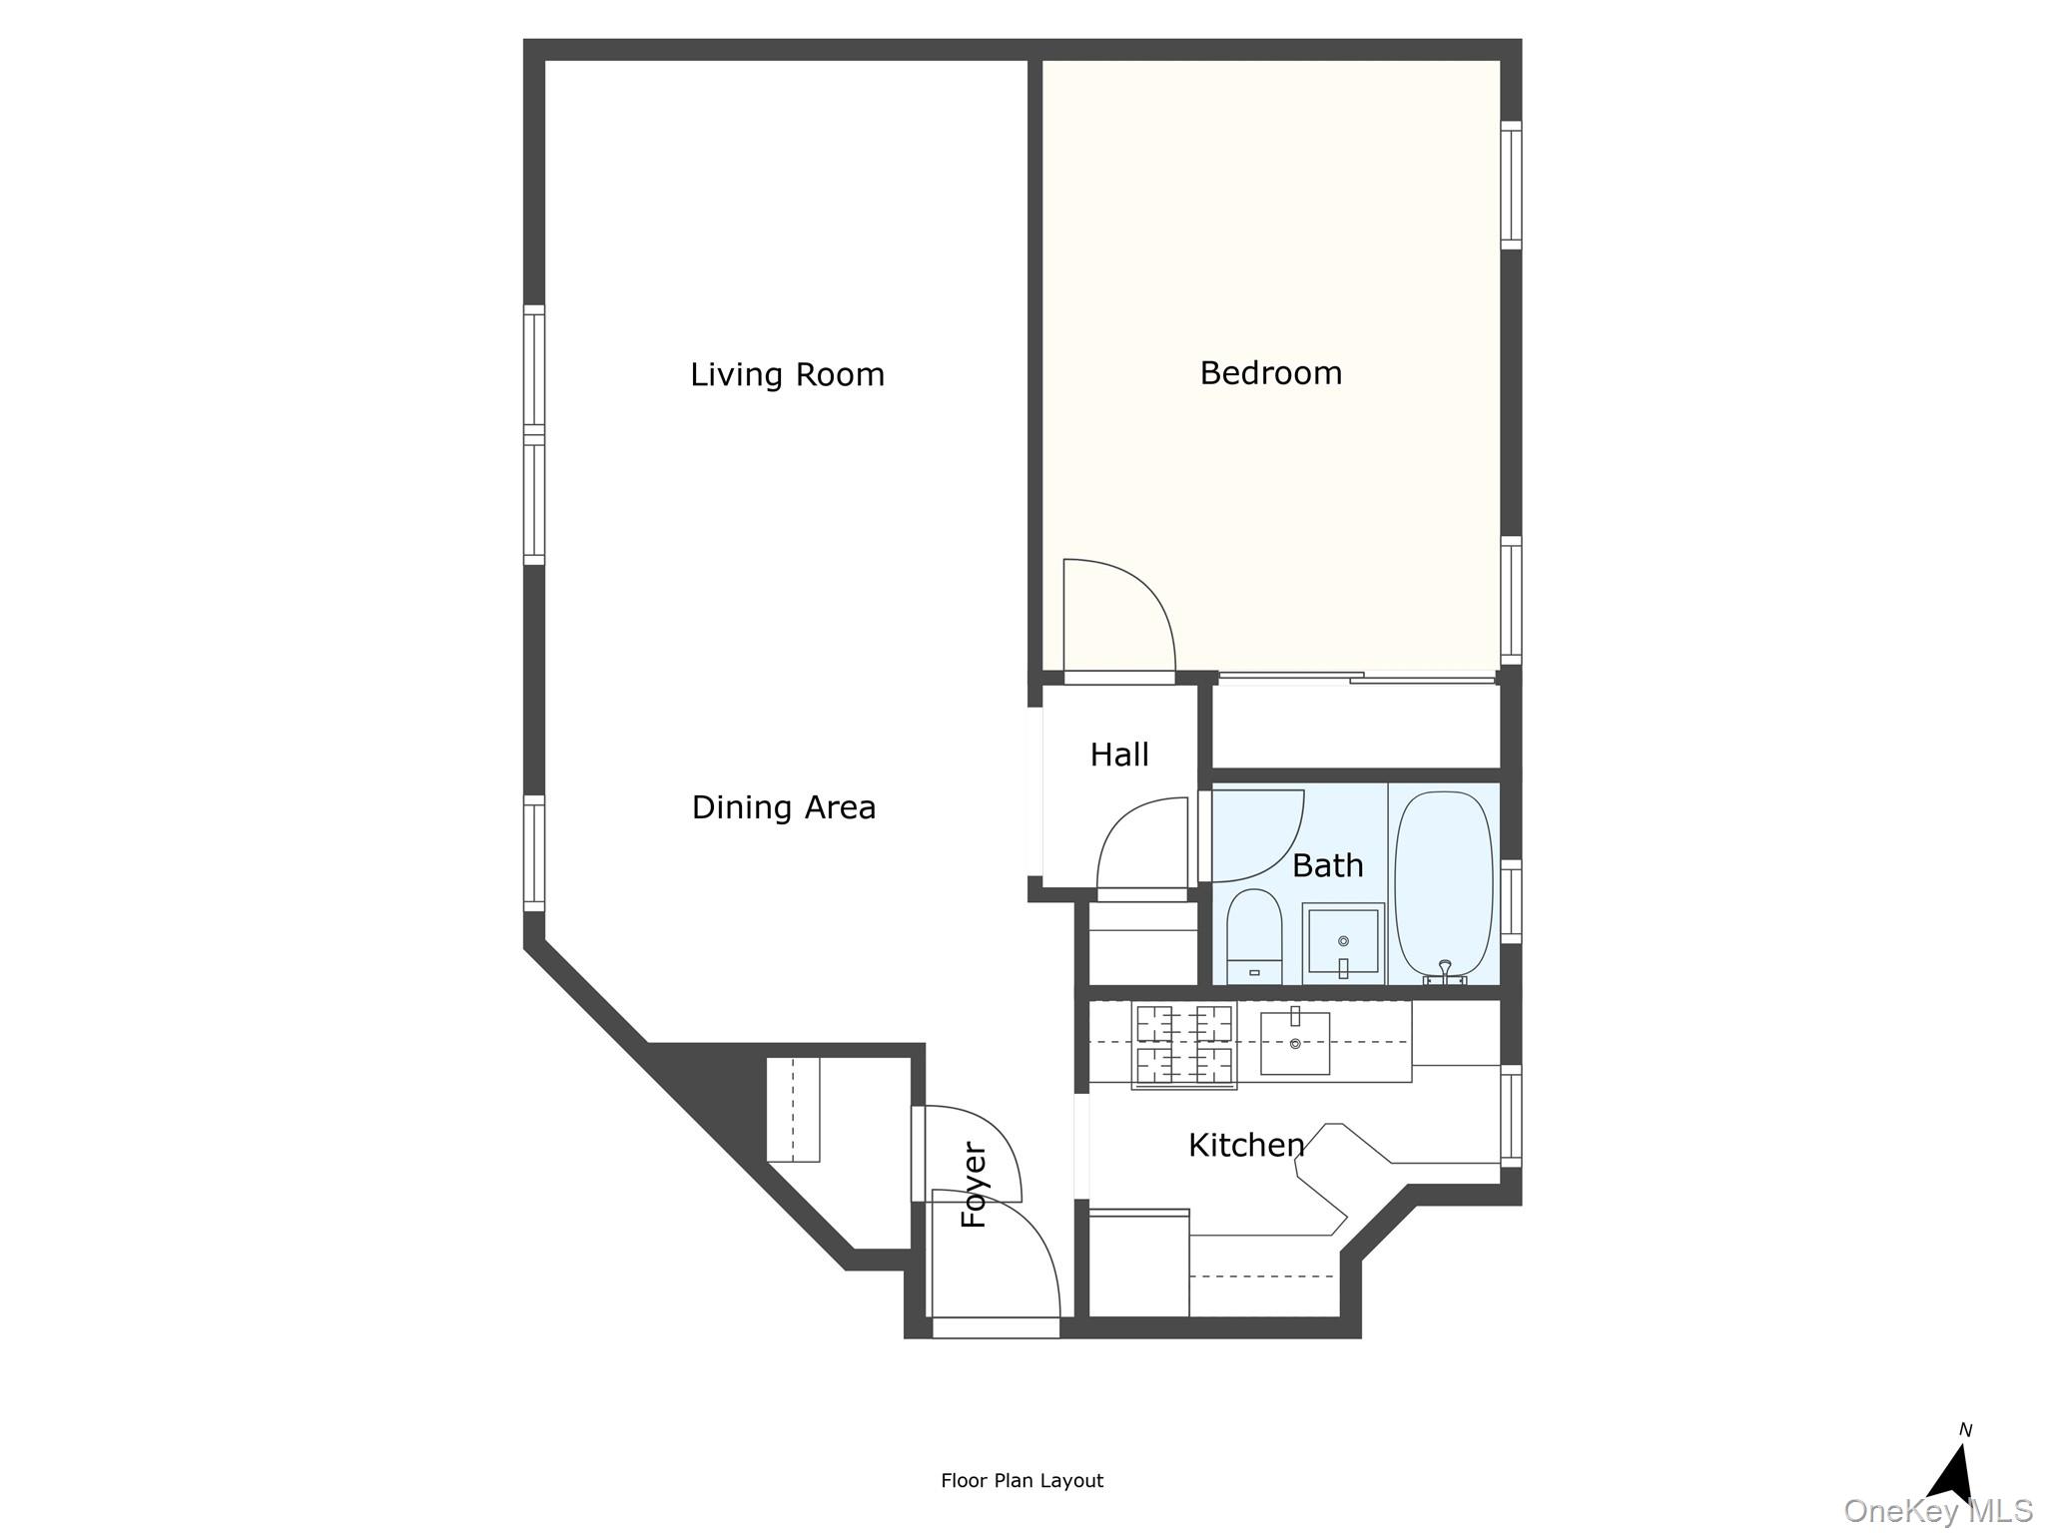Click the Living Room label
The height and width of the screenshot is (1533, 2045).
tap(787, 375)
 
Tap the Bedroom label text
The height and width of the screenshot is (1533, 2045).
tap(1270, 373)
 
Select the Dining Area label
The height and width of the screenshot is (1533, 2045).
tap(784, 807)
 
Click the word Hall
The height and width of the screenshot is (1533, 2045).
tap(1119, 755)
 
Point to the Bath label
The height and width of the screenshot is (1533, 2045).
tap(1327, 865)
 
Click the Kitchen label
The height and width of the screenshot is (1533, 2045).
tap(1246, 1145)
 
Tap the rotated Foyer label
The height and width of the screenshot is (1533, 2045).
tap(975, 1185)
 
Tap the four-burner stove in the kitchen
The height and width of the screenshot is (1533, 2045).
tap(1184, 1046)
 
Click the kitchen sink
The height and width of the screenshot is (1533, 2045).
tap(1295, 1043)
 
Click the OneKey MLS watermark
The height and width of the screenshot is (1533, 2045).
tap(1937, 1511)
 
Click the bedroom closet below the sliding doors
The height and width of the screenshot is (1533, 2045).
tap(1356, 727)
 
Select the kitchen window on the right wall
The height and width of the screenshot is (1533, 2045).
tap(1511, 1115)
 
